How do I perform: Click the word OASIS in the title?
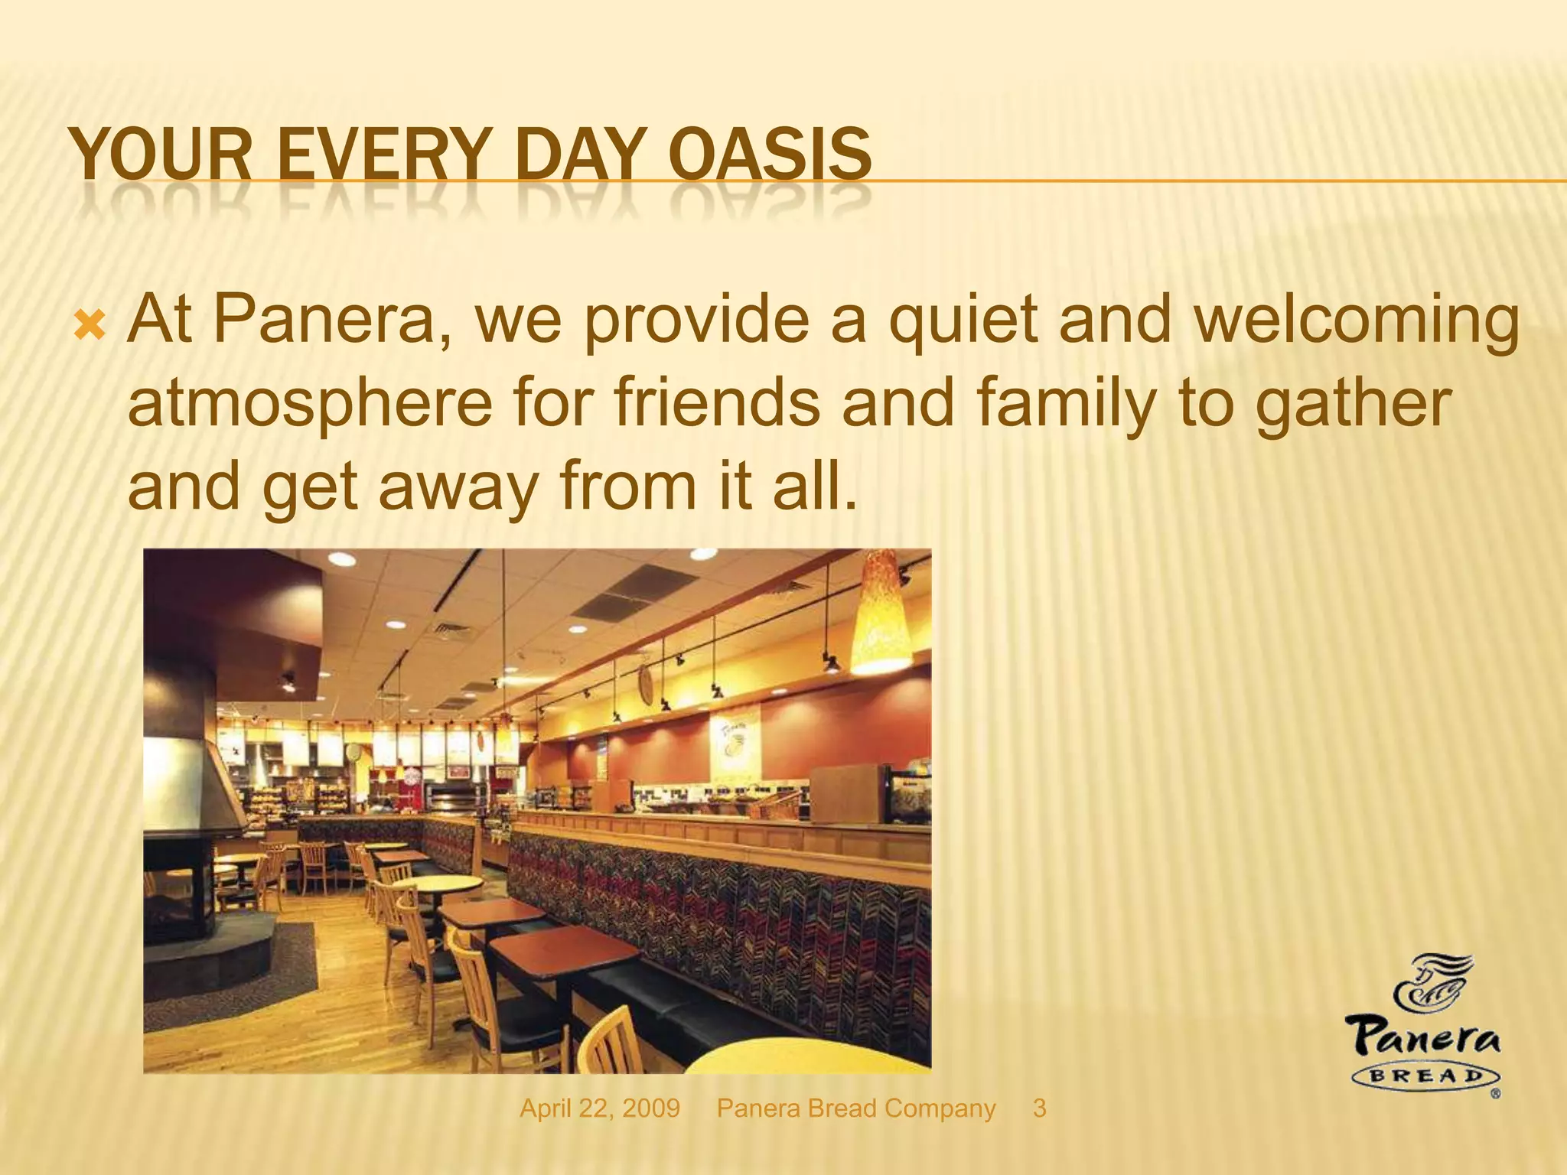pyautogui.click(x=770, y=154)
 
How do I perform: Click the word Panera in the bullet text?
pyautogui.click(x=331, y=319)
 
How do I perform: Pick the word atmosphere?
pyautogui.click(x=310, y=405)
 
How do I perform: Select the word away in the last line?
pyautogui.click(x=458, y=490)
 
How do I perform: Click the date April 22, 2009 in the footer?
pyautogui.click(x=600, y=1108)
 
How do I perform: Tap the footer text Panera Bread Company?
pyautogui.click(x=856, y=1108)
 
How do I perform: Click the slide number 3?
pyautogui.click(x=1039, y=1108)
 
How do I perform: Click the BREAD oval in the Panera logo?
pyautogui.click(x=1426, y=1076)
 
